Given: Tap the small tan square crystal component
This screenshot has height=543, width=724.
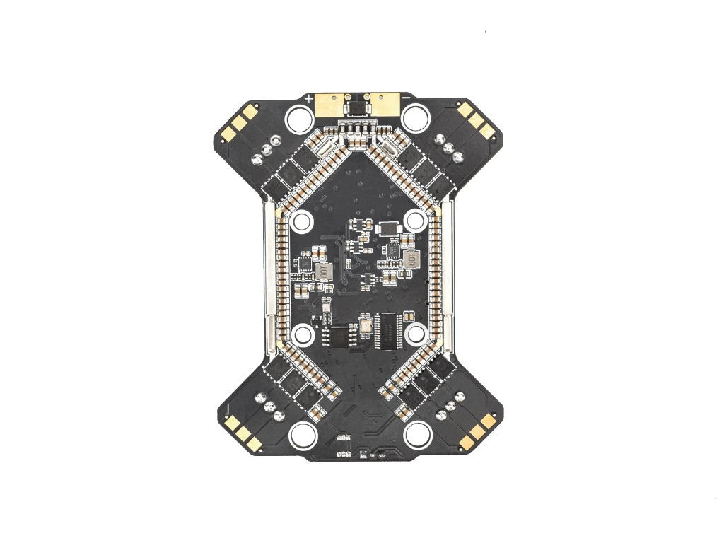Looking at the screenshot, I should pos(366,324).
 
